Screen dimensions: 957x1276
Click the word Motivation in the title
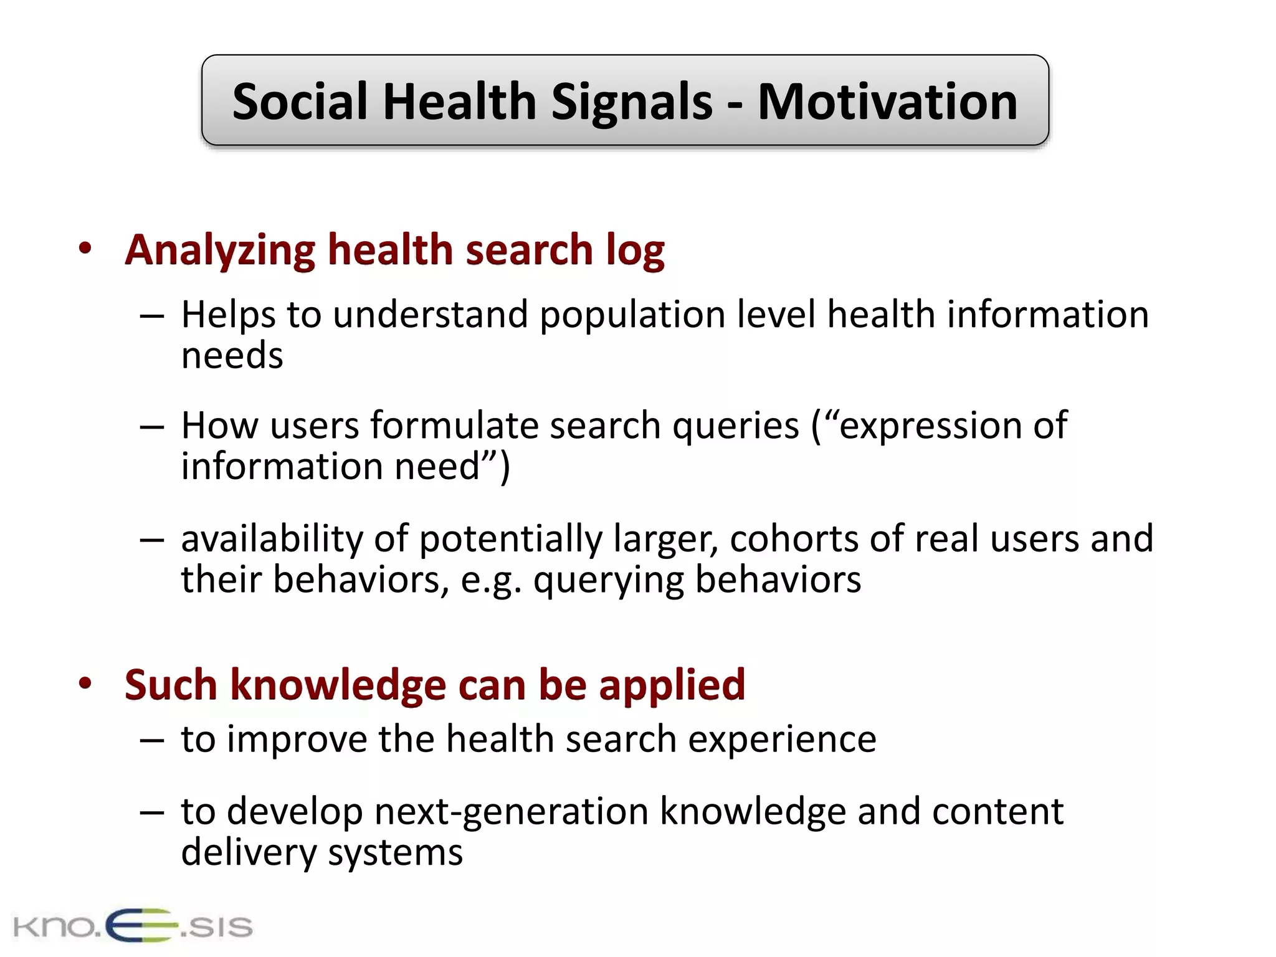(887, 102)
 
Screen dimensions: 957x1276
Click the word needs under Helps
(232, 356)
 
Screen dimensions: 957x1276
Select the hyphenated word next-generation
(511, 812)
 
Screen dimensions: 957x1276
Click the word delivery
(249, 853)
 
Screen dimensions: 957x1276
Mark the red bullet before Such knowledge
(85, 683)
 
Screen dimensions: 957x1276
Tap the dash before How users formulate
(152, 427)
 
